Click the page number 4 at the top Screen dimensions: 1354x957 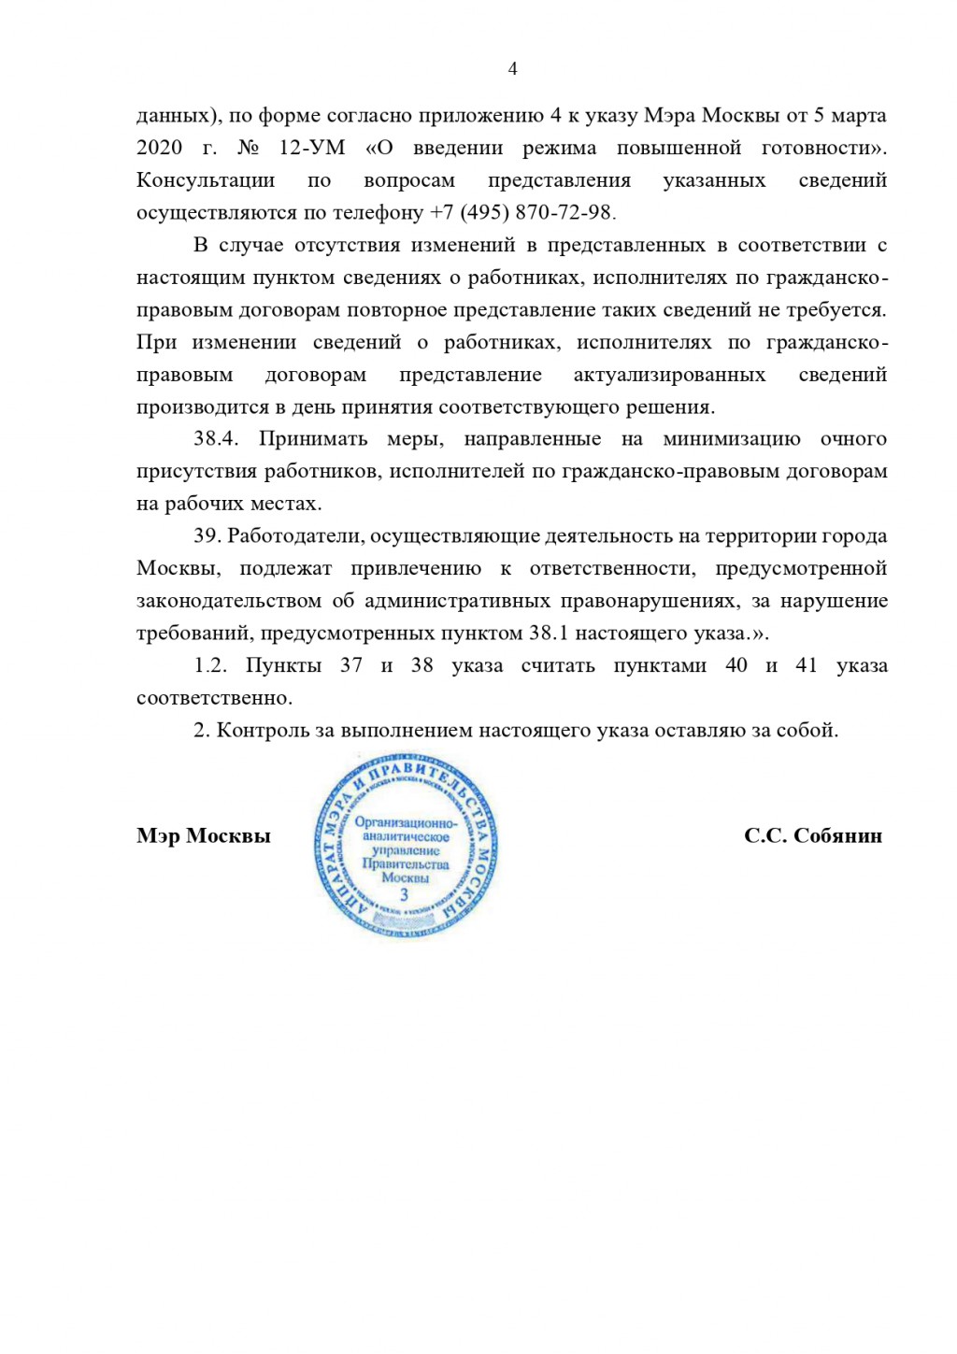point(512,68)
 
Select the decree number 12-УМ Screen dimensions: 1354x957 point(311,148)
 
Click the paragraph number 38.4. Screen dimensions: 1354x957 point(216,439)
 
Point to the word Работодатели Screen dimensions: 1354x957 point(294,536)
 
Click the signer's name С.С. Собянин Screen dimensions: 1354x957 point(812,835)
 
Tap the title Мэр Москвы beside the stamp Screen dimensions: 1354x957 point(203,835)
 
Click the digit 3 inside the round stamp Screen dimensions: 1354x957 point(404,894)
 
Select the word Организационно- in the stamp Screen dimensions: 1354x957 point(406,823)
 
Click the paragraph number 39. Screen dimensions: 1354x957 point(207,536)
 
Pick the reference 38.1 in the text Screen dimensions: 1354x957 point(549,634)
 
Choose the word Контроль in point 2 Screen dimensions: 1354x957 point(263,731)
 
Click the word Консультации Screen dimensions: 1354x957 point(206,180)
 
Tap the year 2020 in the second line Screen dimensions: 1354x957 point(160,148)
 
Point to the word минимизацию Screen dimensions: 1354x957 point(731,439)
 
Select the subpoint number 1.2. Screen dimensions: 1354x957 point(210,665)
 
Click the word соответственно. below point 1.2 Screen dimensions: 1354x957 point(214,698)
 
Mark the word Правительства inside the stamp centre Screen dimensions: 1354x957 point(406,864)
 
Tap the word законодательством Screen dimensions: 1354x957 point(229,601)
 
